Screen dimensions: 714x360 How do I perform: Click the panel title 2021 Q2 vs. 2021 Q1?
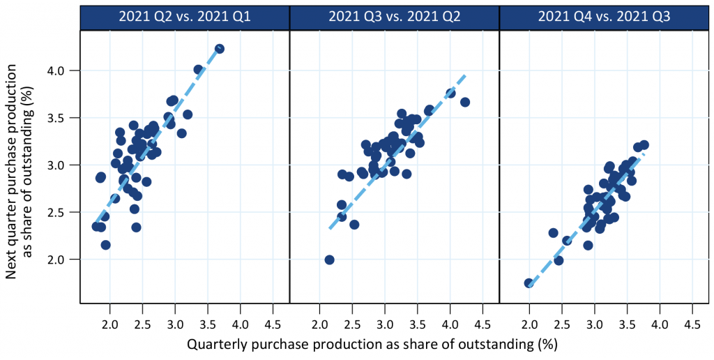click(x=184, y=17)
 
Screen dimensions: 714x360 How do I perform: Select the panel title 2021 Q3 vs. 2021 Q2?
click(x=395, y=17)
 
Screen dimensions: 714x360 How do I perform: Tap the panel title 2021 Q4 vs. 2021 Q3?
click(x=605, y=17)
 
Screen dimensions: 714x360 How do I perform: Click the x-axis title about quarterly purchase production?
click(x=372, y=344)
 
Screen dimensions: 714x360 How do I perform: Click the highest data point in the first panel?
click(x=220, y=49)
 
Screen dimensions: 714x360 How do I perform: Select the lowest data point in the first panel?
click(x=106, y=245)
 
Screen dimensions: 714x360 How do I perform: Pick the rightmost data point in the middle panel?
click(x=465, y=102)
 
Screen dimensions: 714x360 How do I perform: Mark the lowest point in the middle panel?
click(x=329, y=260)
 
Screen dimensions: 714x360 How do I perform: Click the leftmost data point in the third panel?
click(x=529, y=283)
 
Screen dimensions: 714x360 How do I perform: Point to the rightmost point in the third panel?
click(x=644, y=145)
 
